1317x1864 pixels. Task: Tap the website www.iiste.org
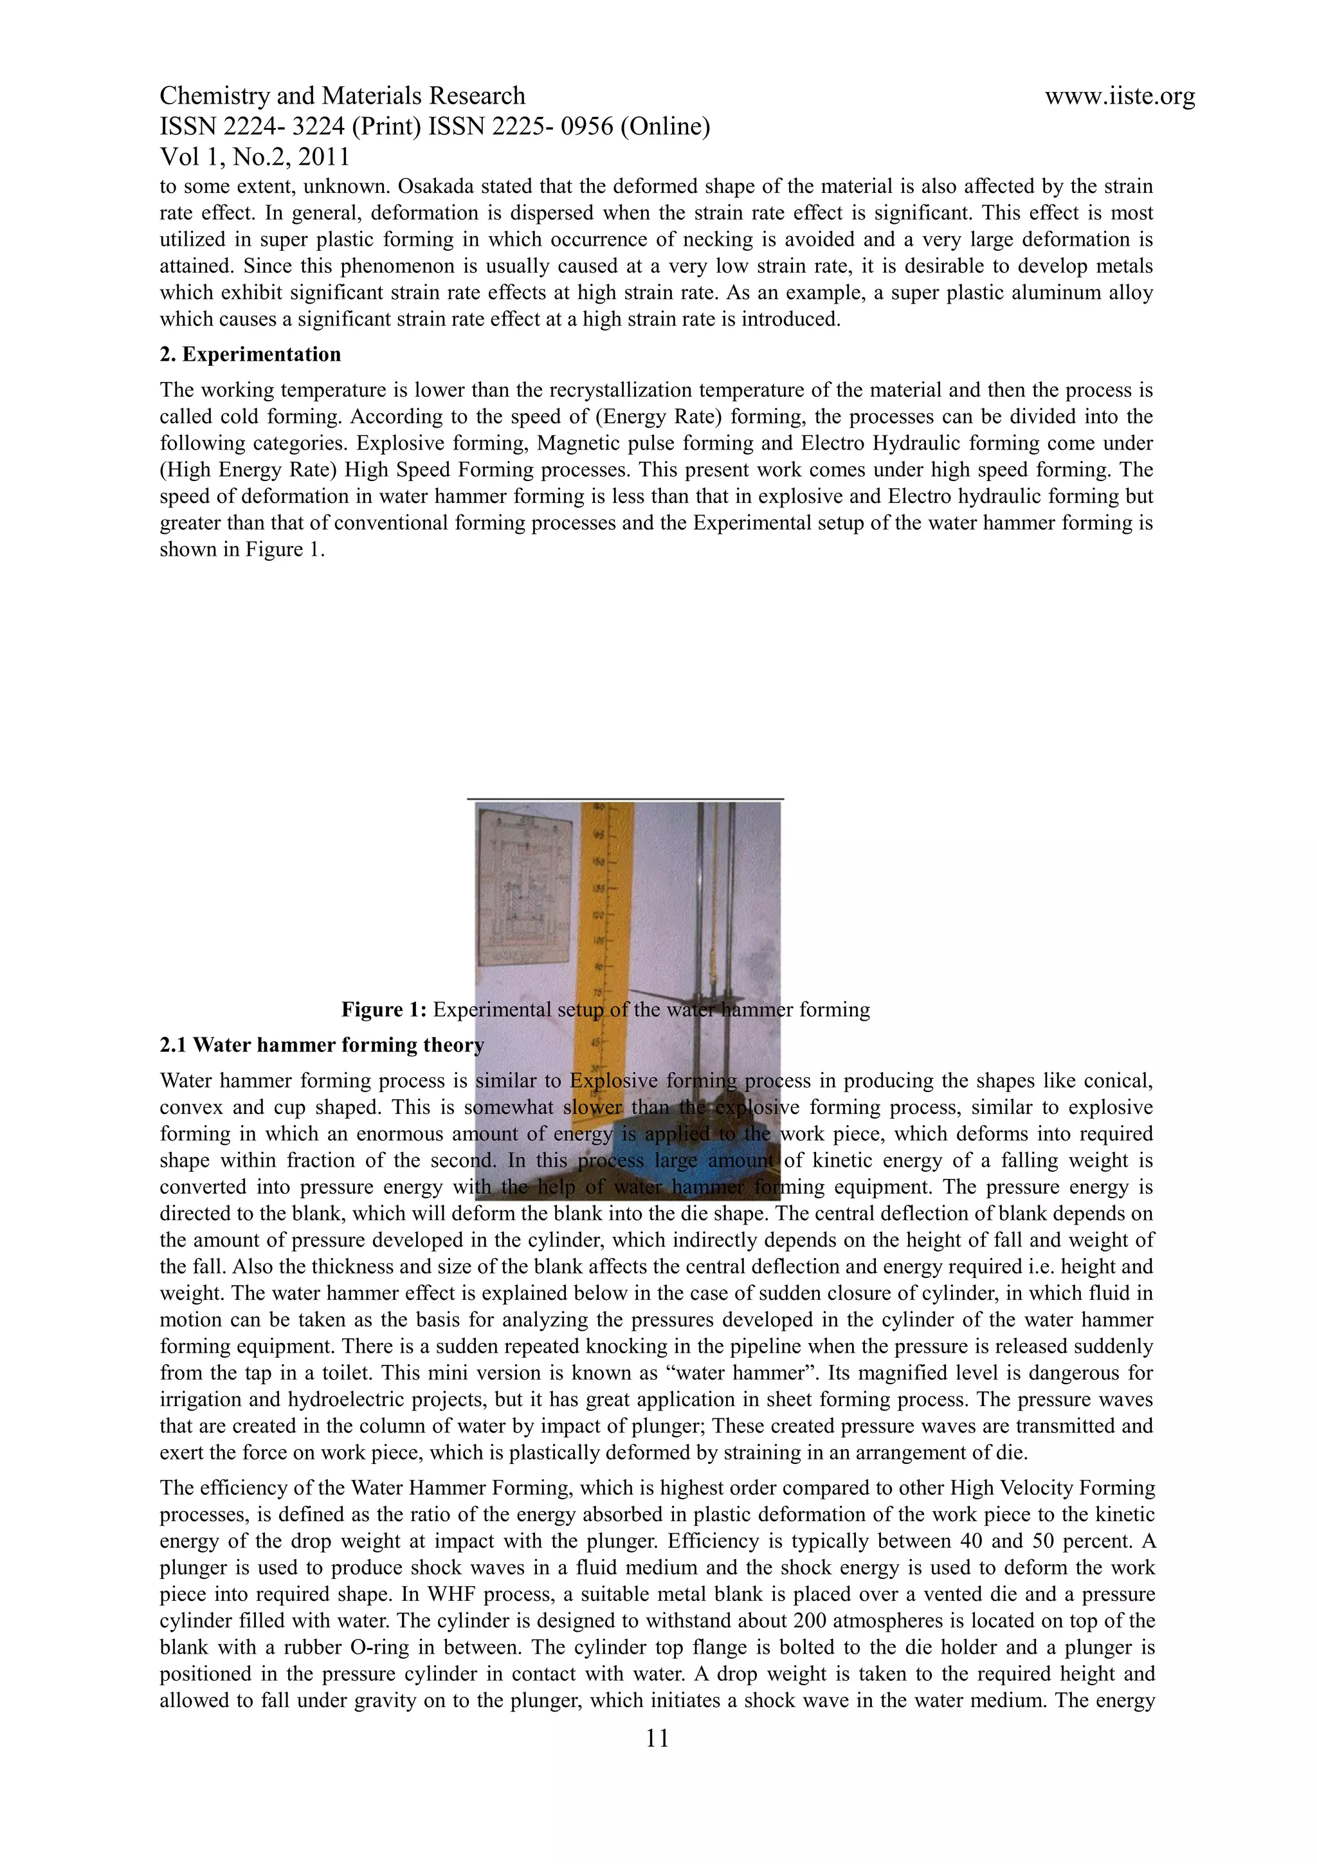1119,96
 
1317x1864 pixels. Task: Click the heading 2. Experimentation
250,355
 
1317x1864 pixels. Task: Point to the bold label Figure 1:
383,1009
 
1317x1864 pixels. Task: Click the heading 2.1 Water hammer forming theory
322,1045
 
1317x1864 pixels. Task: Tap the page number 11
657,1737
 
